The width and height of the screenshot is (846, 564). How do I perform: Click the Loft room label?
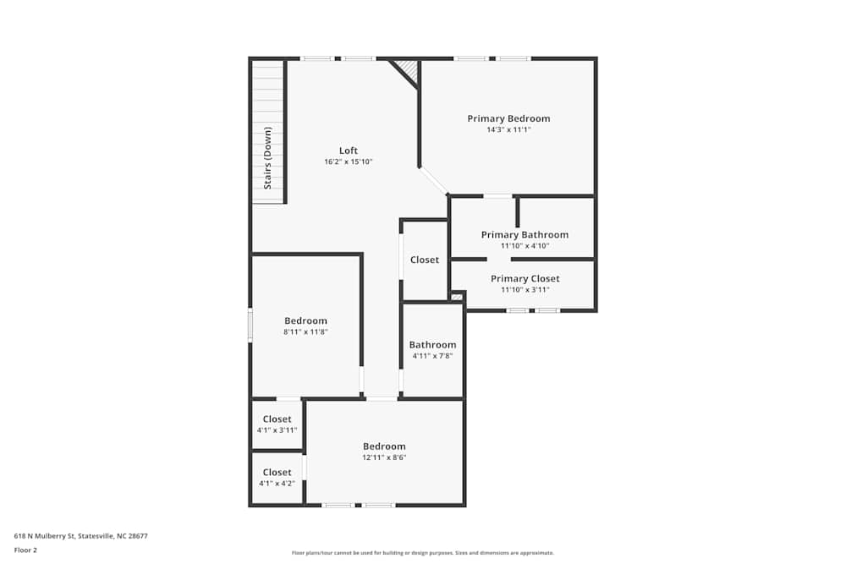click(348, 151)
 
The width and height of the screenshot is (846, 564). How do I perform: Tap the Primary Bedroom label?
click(508, 118)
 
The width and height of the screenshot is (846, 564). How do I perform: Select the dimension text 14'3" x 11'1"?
click(508, 130)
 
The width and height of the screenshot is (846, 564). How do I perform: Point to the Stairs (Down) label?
click(267, 157)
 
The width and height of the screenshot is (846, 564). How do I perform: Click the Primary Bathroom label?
click(525, 234)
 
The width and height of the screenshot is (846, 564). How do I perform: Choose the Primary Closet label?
click(525, 278)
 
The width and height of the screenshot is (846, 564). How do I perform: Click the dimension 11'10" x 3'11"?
click(525, 289)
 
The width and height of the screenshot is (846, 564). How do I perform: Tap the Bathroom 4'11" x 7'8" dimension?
click(432, 356)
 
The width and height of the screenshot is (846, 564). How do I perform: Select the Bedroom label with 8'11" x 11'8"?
click(305, 320)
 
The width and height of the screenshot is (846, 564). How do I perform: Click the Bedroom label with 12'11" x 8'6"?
click(383, 446)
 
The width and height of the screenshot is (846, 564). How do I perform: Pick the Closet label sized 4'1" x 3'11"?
click(277, 419)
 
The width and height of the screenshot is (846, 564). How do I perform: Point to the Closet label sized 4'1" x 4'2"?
click(277, 473)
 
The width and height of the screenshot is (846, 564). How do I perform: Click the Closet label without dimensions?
click(425, 260)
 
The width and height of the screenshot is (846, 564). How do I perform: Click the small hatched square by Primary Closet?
click(457, 296)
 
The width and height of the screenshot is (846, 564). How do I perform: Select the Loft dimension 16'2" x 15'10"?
click(348, 162)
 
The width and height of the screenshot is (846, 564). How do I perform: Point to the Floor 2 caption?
click(25, 550)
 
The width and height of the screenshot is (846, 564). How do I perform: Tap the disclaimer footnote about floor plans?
click(422, 553)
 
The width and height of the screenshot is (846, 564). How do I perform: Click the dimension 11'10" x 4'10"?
click(525, 246)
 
